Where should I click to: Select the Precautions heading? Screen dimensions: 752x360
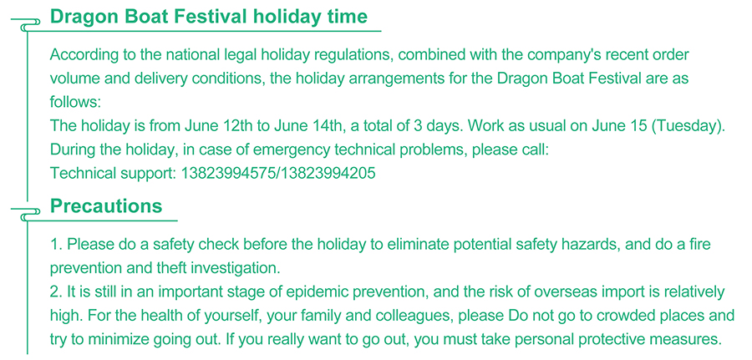pyautogui.click(x=106, y=206)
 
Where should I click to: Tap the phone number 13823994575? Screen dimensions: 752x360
pyautogui.click(x=228, y=173)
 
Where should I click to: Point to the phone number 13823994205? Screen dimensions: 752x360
pyautogui.click(x=328, y=173)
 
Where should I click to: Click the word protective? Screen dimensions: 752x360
pyautogui.click(x=618, y=340)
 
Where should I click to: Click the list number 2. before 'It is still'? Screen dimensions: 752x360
pyautogui.click(x=56, y=292)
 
